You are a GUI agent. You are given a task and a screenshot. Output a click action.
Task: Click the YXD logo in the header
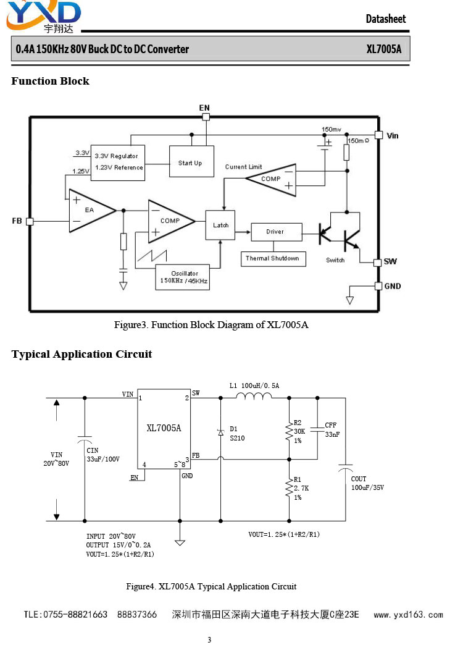click(x=43, y=17)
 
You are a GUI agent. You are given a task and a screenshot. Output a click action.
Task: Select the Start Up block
click(x=191, y=161)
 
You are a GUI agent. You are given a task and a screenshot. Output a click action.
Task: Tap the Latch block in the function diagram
click(x=220, y=225)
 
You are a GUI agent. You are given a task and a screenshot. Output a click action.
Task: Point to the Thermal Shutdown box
click(x=273, y=259)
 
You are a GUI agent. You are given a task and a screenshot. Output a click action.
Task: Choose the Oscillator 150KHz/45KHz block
click(x=183, y=277)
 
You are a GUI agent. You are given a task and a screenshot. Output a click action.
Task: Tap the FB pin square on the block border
click(x=30, y=221)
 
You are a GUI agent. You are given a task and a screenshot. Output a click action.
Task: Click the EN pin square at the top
click(x=206, y=117)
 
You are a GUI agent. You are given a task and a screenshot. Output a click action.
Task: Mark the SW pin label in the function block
click(x=390, y=261)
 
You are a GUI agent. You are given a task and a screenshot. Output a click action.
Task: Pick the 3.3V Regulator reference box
click(x=117, y=163)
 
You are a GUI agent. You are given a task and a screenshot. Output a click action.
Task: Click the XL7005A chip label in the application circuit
click(x=164, y=428)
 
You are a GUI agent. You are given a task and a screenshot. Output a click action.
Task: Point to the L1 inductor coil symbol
click(x=254, y=396)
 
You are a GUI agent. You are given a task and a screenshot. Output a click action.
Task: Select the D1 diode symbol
click(x=220, y=432)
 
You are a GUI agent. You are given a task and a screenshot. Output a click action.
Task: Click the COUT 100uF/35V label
click(x=367, y=483)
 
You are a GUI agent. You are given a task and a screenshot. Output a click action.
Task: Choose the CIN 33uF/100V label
click(x=103, y=455)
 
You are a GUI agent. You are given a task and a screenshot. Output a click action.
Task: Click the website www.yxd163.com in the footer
click(x=408, y=615)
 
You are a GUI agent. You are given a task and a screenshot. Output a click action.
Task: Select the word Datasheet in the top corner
click(x=386, y=19)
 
